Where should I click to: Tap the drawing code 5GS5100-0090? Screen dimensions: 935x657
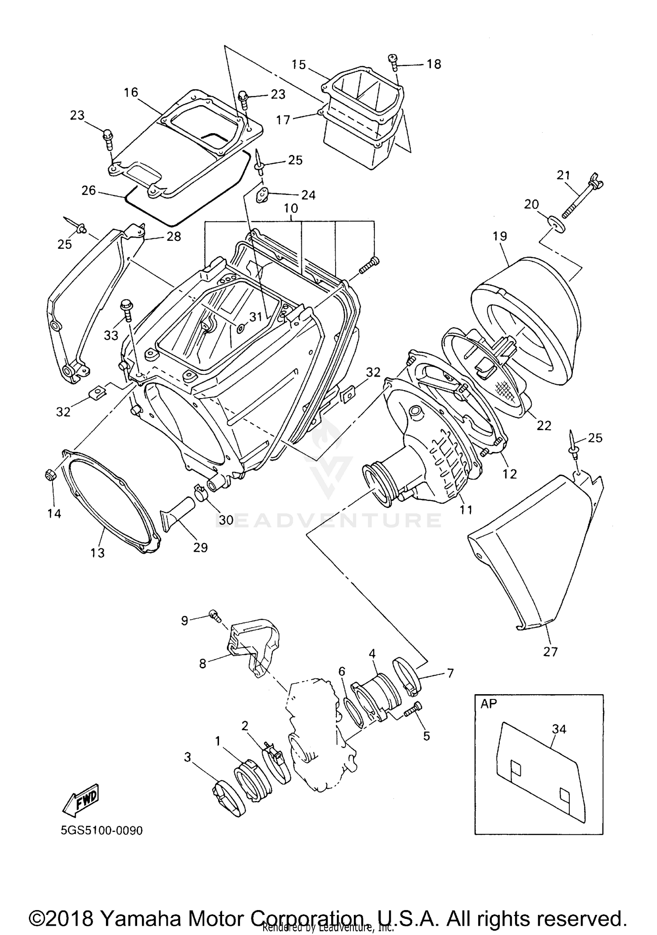tap(102, 831)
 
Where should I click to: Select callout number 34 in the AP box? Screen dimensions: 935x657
tap(559, 729)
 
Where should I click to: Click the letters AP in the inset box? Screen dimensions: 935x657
tap(489, 704)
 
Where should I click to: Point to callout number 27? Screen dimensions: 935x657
tap(550, 652)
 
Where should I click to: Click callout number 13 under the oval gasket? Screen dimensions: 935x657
tap(97, 553)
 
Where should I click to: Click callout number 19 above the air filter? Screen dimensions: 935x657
tap(499, 236)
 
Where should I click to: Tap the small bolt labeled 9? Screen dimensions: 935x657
tap(214, 614)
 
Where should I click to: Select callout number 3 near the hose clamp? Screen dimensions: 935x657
tap(187, 757)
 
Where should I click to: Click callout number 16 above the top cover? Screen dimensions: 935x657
tap(131, 92)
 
